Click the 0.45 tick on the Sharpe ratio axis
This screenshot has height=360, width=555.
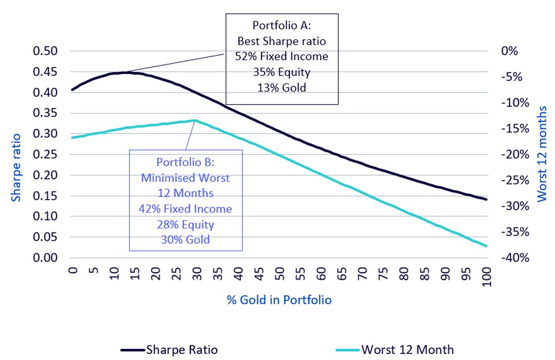point(45,72)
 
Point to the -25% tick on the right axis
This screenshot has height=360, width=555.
point(515,180)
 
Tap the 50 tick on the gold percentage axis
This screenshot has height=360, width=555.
point(280,274)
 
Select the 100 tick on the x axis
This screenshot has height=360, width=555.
point(487,277)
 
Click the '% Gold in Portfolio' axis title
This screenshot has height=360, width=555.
point(279,300)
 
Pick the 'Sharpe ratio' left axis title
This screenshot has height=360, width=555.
point(16,168)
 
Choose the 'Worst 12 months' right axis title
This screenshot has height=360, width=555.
point(542,154)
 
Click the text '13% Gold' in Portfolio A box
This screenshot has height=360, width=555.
point(282,88)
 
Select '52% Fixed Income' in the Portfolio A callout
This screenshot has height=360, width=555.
point(282,56)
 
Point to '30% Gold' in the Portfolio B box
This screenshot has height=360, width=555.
point(185,240)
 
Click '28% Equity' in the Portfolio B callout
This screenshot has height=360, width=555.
point(185,225)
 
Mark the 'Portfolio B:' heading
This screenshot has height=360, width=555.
point(185,162)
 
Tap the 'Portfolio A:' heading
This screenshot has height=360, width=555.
point(282,25)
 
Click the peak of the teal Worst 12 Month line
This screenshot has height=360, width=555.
point(196,121)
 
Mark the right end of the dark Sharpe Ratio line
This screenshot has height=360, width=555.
point(487,199)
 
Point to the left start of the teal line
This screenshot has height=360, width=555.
point(72,138)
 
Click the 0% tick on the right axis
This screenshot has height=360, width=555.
point(509,51)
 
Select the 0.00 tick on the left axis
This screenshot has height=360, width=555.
point(45,258)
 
